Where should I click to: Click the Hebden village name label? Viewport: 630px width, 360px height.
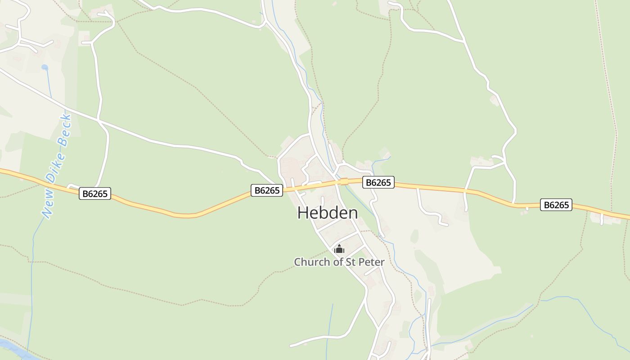tap(328, 213)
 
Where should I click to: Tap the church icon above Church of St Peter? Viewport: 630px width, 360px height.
tap(339, 249)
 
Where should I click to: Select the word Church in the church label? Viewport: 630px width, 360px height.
tap(312, 262)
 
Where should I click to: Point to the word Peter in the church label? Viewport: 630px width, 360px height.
tap(372, 262)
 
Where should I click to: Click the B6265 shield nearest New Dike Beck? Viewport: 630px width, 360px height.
tap(95, 194)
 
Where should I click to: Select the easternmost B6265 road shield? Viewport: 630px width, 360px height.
tap(556, 205)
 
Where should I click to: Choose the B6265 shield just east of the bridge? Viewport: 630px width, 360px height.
tap(378, 182)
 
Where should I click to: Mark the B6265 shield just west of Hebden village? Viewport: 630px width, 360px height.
tap(267, 190)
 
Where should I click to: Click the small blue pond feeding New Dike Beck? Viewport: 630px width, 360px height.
tap(45, 67)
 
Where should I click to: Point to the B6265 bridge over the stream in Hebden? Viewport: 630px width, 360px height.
tap(344, 181)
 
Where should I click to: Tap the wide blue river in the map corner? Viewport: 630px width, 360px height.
tap(9, 349)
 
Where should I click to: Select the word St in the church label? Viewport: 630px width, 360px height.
tap(350, 262)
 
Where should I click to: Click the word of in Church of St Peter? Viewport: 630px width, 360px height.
tap(338, 262)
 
